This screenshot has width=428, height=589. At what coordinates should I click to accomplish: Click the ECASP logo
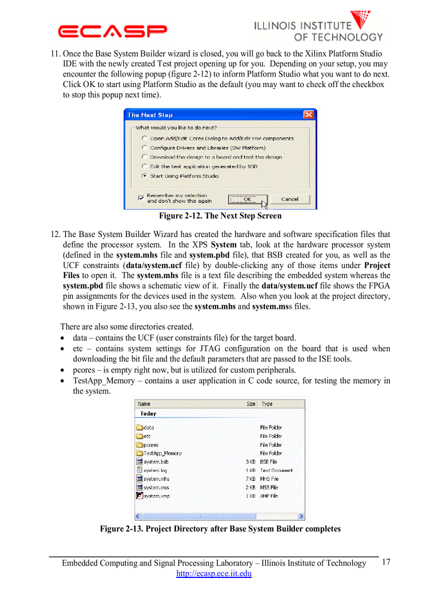click(x=113, y=30)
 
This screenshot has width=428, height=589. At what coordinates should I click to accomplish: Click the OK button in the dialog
click(x=247, y=199)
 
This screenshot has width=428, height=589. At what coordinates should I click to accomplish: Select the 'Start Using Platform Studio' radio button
click(x=144, y=176)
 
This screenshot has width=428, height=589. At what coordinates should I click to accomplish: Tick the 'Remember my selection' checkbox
click(x=141, y=198)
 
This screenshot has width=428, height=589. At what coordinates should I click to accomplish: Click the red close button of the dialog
click(x=310, y=115)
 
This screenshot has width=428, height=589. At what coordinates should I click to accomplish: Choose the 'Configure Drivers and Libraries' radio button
click(x=144, y=148)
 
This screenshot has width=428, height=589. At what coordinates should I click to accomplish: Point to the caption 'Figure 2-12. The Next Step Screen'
click(x=220, y=216)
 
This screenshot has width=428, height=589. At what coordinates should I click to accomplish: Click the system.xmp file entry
click(x=156, y=496)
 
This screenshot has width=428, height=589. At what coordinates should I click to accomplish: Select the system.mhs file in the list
click(x=156, y=479)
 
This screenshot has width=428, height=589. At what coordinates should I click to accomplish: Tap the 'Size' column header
click(x=251, y=404)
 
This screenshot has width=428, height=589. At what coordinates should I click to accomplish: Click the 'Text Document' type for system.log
click(x=276, y=470)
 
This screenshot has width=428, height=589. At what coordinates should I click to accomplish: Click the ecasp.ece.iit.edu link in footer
click(x=214, y=574)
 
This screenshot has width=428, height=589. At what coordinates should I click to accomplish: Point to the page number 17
click(x=386, y=562)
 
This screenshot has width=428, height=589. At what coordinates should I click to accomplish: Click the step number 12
click(x=55, y=234)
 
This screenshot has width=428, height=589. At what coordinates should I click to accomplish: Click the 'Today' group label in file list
click(x=148, y=414)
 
